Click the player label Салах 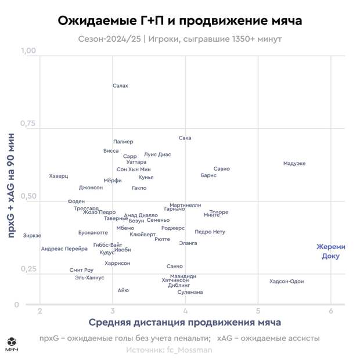tap(120, 86)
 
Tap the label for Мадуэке tap(294, 164)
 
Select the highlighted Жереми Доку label tap(330, 251)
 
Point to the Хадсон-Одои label tap(286, 282)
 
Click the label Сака tap(185, 138)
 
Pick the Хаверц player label tap(59, 176)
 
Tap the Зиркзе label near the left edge tap(33, 236)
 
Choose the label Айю tap(123, 290)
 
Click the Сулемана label tap(190, 292)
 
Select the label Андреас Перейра tap(64, 249)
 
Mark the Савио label tap(222, 169)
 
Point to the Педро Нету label tap(210, 232)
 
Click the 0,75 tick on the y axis tap(28, 124)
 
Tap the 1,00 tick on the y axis tap(28, 51)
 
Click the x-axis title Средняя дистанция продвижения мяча tap(185, 322)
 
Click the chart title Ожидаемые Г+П tap(179, 21)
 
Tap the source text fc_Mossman tap(170, 350)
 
